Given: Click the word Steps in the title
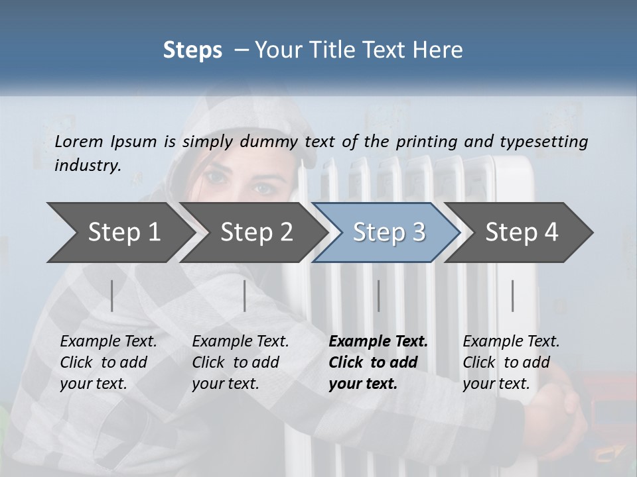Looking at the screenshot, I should coord(192,50).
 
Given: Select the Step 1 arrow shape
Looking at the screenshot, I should coord(116,233).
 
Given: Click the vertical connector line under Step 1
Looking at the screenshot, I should coord(112,295).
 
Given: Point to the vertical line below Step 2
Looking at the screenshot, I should coord(245,295).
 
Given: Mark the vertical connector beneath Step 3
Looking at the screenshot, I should coord(378,295).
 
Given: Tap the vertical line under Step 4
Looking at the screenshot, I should coord(513,295).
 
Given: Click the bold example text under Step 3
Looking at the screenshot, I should coord(378,362).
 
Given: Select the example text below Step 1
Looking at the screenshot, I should coord(108,362).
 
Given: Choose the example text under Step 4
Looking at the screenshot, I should coord(511,362).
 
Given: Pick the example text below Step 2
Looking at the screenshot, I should coord(240,362).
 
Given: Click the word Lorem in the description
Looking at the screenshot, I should coord(79,141).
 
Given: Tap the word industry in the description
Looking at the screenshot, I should coord(88,166).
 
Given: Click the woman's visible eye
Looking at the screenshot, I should coord(263,188).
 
